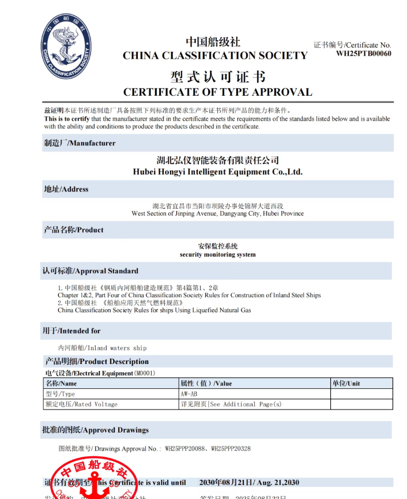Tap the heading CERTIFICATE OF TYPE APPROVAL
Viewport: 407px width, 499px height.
[217, 92]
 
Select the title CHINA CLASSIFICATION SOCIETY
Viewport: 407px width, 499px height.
[215, 56]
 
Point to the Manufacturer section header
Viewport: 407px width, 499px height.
[80, 143]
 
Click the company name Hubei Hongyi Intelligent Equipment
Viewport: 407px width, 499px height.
[217, 172]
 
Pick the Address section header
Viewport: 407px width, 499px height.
[66, 189]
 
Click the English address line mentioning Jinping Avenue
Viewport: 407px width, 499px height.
[217, 213]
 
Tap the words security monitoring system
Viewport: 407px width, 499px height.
[217, 254]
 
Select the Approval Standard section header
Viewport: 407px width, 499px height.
[91, 271]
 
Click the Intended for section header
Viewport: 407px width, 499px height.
[71, 331]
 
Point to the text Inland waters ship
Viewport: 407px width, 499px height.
[103, 348]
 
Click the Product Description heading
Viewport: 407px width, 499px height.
[97, 362]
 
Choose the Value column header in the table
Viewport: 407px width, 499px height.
[206, 383]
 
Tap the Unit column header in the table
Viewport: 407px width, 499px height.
[346, 383]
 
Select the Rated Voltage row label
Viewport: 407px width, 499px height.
[81, 404]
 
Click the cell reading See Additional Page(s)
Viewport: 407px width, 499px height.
[231, 404]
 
